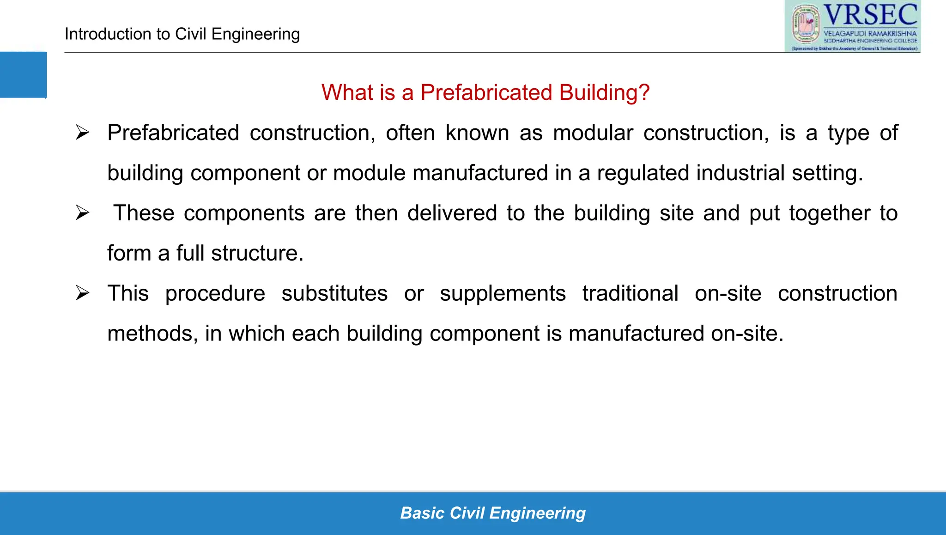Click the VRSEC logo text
[x=870, y=15]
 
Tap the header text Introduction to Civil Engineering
[x=182, y=34]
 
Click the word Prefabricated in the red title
[x=486, y=92]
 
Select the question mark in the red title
[x=644, y=92]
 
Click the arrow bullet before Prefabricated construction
[x=83, y=133]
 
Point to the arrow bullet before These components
[x=83, y=213]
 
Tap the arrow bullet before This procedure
[x=83, y=293]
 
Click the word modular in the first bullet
[x=593, y=133]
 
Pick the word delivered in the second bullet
[x=452, y=213]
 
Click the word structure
[x=257, y=253]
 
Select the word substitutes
[x=334, y=293]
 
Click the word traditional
[x=630, y=293]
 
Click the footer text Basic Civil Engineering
[x=493, y=513]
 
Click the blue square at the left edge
[x=23, y=75]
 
